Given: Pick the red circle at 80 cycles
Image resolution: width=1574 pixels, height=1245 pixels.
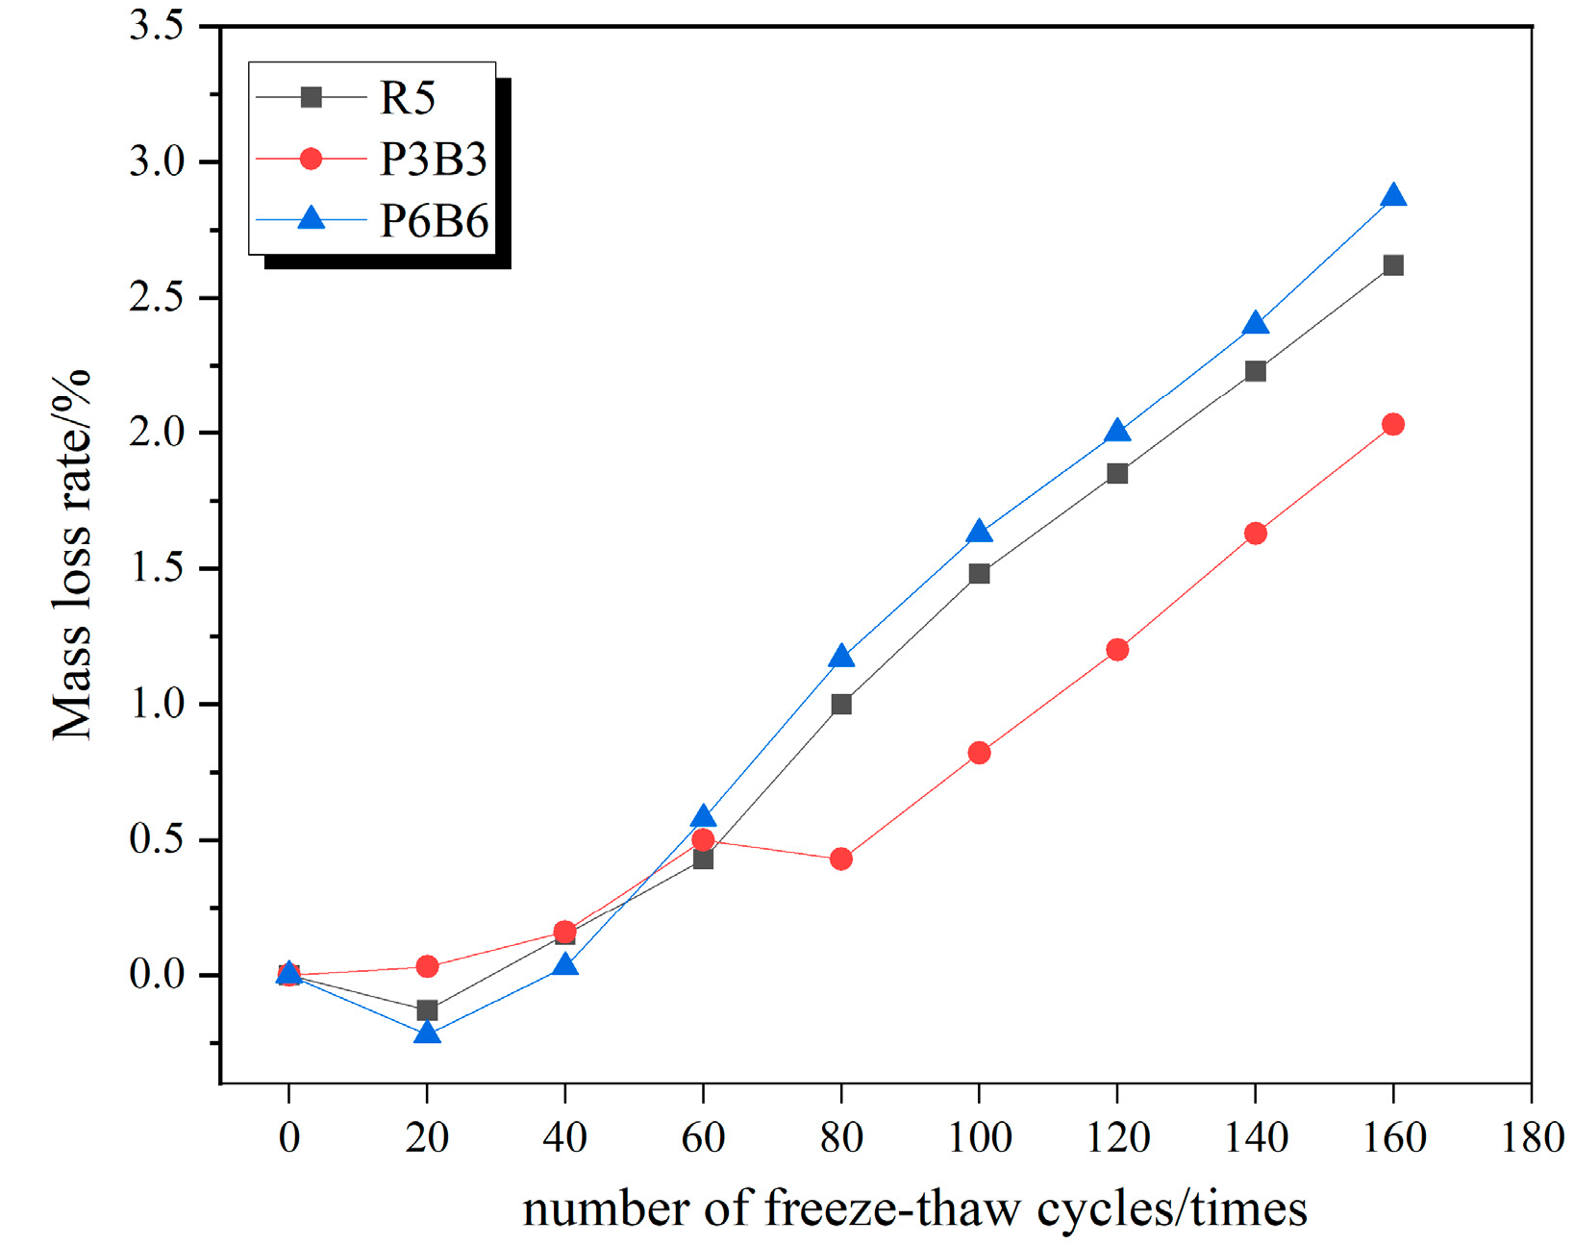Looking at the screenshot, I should (841, 859).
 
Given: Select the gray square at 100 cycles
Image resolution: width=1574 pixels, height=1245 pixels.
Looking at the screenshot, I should (979, 574).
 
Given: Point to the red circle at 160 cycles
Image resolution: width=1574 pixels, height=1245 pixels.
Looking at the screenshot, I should (1393, 424).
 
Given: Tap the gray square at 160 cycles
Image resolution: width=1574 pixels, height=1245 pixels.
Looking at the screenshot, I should (1393, 265).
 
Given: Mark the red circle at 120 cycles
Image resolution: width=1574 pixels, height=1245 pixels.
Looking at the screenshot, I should (1117, 650).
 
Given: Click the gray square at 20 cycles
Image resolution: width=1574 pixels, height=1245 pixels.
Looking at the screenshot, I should (427, 1010).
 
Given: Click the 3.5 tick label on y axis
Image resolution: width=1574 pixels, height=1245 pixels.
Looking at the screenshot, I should (156, 27).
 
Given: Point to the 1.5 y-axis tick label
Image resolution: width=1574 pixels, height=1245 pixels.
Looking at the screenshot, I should (156, 568).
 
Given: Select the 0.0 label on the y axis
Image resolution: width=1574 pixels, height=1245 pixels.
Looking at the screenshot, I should (156, 975).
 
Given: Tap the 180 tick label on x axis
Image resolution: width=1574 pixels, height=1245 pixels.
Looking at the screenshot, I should (1532, 1138).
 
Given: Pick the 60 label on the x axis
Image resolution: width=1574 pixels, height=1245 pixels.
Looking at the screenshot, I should (703, 1138).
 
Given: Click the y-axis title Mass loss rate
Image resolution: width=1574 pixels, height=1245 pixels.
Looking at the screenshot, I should (72, 555).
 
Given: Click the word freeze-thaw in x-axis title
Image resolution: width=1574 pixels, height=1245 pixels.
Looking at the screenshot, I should (891, 1208).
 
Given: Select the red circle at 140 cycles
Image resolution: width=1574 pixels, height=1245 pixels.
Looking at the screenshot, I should (1255, 534).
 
